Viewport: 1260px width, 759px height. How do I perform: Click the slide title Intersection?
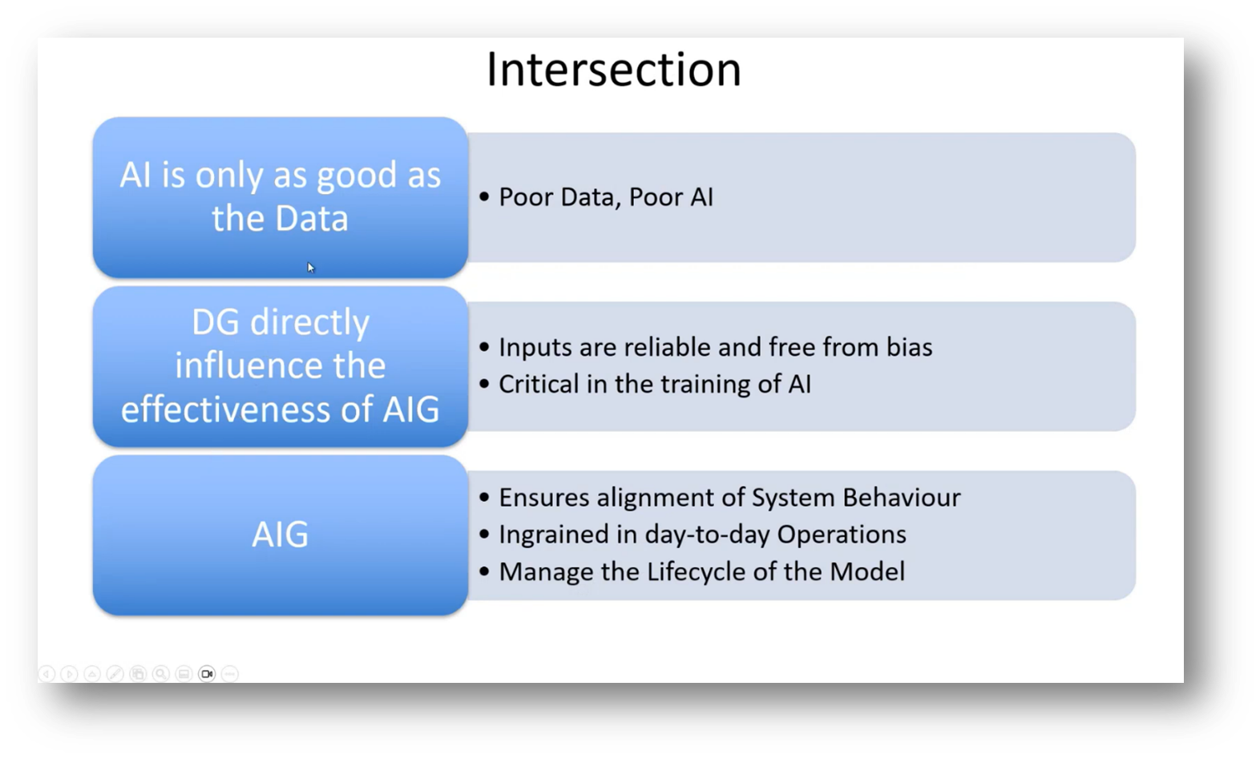point(613,70)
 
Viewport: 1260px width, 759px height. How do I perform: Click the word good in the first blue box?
point(356,176)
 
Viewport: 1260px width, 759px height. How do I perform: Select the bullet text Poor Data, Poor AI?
point(605,197)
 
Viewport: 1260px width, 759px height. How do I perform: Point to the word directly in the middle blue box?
point(309,322)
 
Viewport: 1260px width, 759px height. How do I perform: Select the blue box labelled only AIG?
point(280,535)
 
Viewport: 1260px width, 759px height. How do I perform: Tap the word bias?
point(909,347)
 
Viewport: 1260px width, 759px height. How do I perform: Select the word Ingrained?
point(542,535)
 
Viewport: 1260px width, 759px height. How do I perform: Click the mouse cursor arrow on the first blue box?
point(310,267)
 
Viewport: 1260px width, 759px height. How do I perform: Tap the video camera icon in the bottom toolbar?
point(207,674)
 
